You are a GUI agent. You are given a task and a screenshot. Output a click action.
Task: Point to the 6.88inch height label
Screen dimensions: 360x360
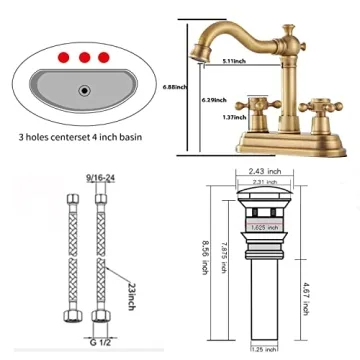(174, 87)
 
